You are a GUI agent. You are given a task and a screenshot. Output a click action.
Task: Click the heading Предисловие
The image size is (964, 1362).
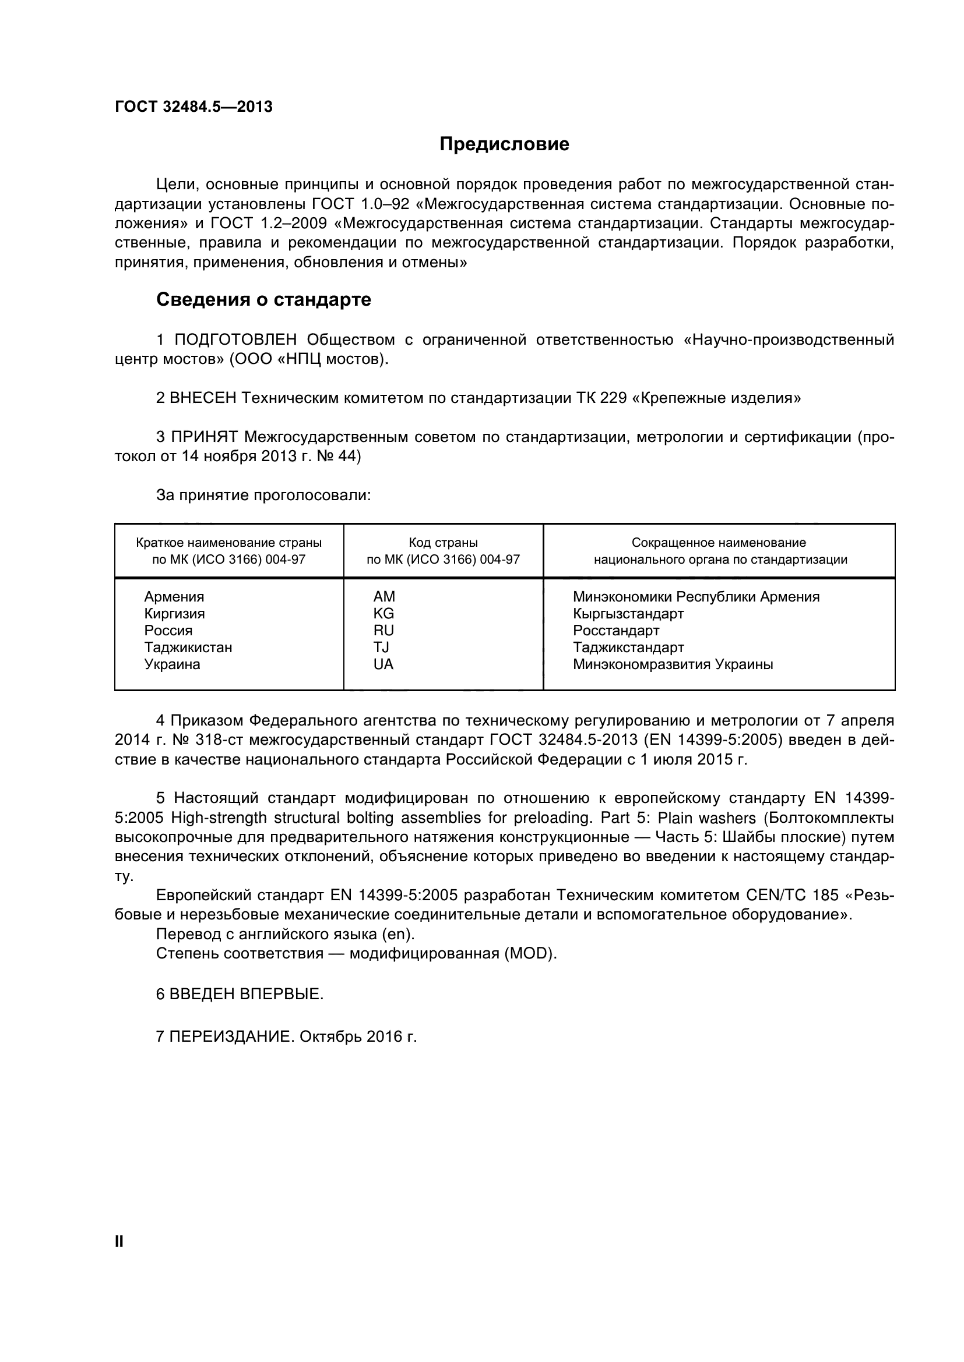click(504, 144)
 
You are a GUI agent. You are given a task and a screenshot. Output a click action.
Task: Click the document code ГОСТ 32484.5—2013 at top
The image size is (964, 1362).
click(193, 107)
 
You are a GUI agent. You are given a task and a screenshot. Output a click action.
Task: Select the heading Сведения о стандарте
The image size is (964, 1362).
click(263, 299)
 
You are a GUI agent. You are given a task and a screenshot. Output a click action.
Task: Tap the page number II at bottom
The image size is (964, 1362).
click(119, 1241)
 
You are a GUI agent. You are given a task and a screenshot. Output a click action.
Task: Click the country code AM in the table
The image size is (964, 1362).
click(384, 597)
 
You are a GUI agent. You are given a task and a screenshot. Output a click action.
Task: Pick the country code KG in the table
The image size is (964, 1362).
click(384, 613)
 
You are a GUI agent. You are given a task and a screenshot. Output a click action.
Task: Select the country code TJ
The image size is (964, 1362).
click(381, 647)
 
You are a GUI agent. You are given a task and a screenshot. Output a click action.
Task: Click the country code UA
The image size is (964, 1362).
click(384, 664)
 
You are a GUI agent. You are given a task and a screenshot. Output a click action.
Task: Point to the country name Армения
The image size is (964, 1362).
click(174, 597)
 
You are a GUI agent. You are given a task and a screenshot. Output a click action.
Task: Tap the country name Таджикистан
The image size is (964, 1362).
click(188, 647)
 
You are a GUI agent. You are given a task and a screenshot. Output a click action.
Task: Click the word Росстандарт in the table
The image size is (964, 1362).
click(616, 631)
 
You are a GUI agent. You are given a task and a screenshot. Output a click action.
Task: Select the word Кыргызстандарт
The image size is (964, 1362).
click(628, 613)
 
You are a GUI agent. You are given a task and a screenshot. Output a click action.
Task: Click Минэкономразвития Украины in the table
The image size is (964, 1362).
click(673, 664)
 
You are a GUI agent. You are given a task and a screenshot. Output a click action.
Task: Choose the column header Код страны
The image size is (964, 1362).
click(443, 543)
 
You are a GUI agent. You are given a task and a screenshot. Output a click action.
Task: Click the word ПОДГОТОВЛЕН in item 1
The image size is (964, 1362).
click(235, 340)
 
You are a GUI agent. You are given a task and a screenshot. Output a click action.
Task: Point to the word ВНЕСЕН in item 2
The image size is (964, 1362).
click(203, 398)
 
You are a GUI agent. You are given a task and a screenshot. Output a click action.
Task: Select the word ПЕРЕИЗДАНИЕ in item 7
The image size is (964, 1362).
click(232, 1037)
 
